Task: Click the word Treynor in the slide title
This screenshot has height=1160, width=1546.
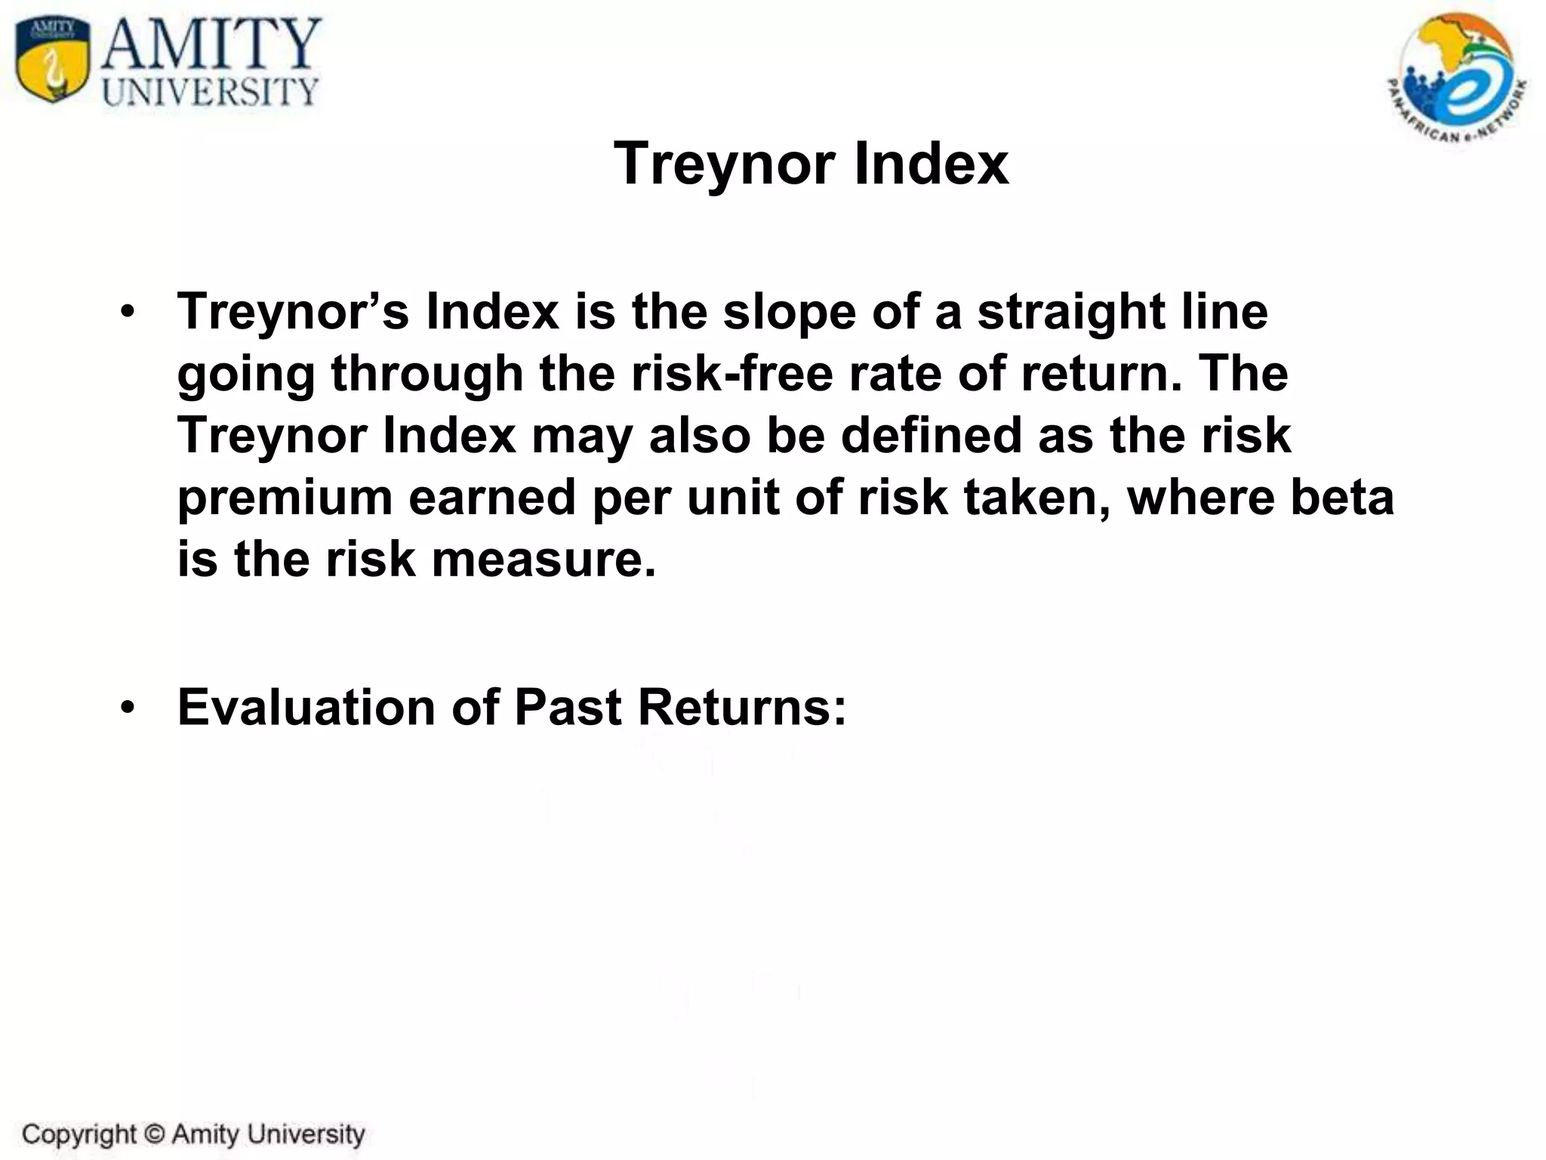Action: pyautogui.click(x=725, y=164)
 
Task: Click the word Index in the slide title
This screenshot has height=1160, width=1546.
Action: pyautogui.click(x=931, y=164)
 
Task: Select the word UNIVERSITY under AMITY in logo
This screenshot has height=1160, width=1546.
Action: pyautogui.click(x=211, y=92)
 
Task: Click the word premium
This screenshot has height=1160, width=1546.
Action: pyautogui.click(x=285, y=498)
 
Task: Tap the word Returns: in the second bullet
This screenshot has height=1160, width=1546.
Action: pyautogui.click(x=741, y=708)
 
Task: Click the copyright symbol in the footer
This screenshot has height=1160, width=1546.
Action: pyautogui.click(x=154, y=1134)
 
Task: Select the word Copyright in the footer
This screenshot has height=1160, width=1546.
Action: pyautogui.click(x=79, y=1134)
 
